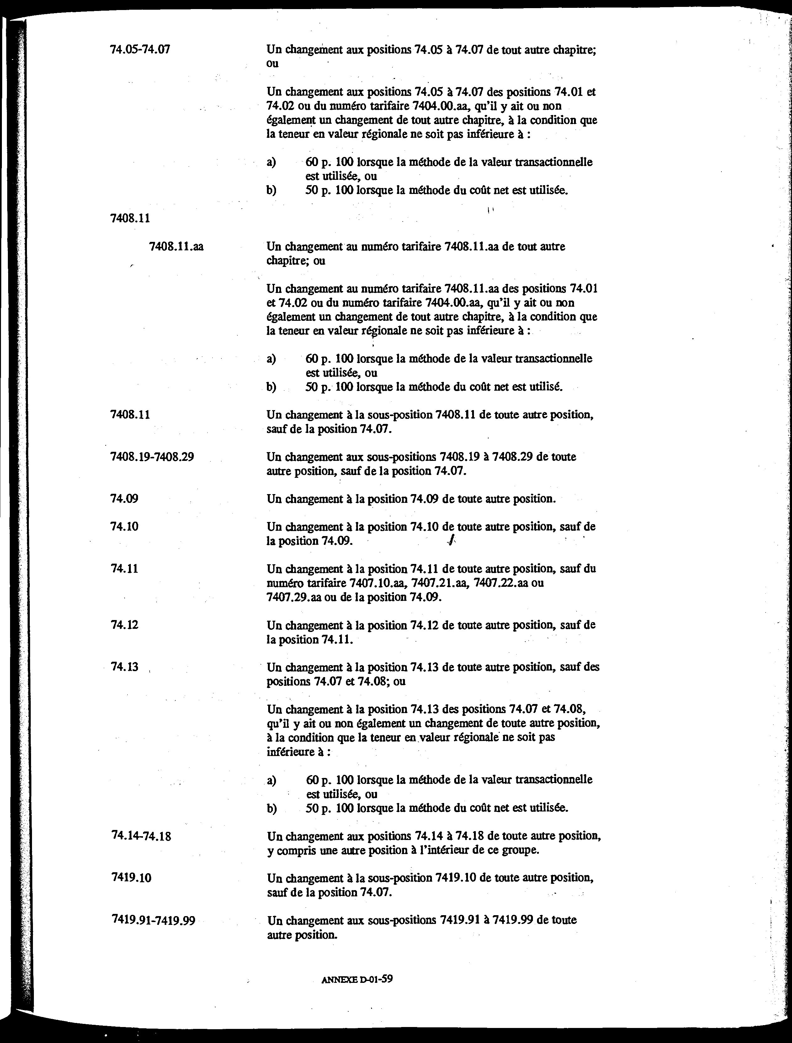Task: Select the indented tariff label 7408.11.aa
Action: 176,247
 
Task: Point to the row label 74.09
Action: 124,498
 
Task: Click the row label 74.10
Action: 124,526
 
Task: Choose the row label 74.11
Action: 124,569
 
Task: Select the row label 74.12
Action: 124,625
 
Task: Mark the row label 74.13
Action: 124,667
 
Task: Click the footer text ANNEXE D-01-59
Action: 357,979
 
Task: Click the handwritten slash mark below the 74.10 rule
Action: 451,542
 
